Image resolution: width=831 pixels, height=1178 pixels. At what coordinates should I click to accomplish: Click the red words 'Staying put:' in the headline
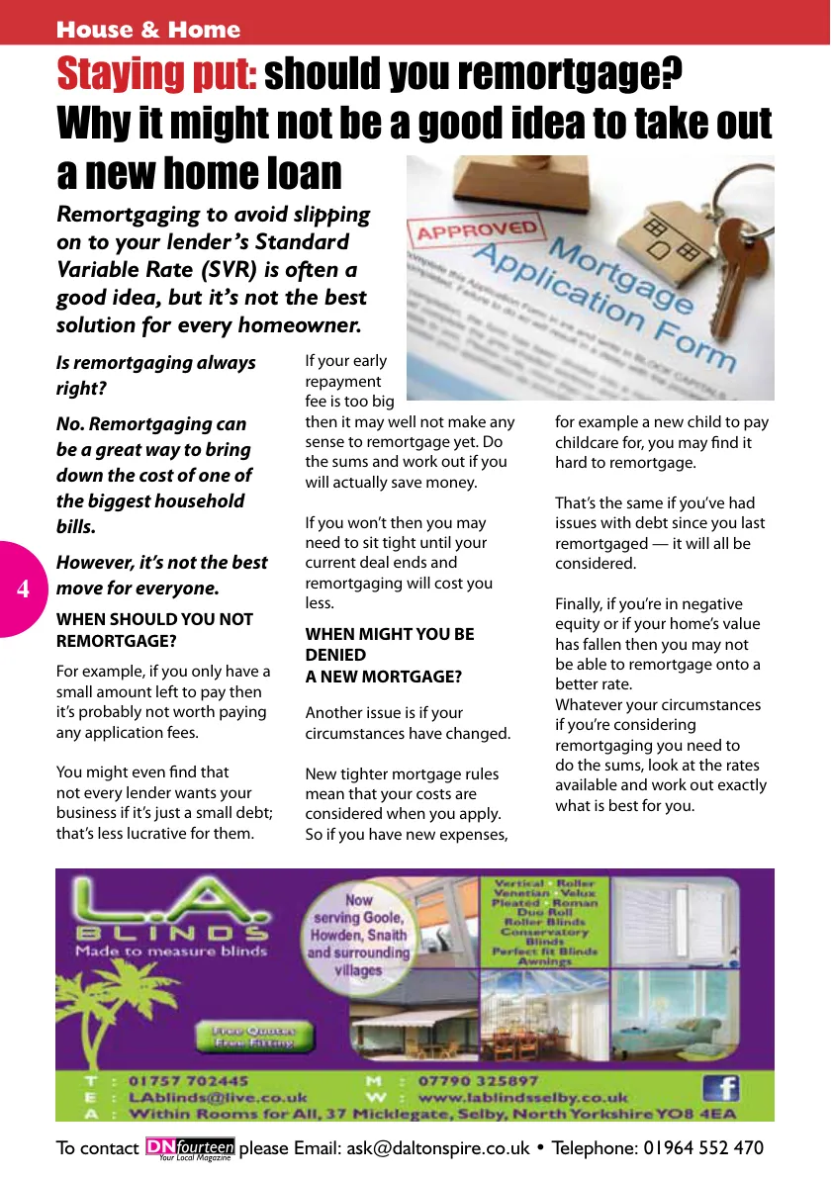click(x=157, y=74)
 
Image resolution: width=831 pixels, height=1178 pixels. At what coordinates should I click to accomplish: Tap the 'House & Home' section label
click(x=148, y=30)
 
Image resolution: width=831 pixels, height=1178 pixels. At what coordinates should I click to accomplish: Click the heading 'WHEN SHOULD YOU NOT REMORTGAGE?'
click(x=154, y=630)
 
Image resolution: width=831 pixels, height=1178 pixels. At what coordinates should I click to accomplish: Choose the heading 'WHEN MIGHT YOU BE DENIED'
click(x=389, y=644)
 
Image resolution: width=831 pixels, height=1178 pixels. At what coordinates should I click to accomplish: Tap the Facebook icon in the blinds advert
click(x=721, y=1088)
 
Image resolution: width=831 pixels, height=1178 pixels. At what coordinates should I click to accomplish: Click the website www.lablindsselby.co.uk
click(x=523, y=1097)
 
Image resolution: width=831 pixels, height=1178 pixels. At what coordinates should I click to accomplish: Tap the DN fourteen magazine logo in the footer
click(x=190, y=1148)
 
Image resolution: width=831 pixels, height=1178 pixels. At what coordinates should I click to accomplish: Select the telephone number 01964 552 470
click(x=704, y=1148)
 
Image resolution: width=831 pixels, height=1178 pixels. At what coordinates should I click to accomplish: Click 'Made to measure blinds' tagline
click(x=171, y=951)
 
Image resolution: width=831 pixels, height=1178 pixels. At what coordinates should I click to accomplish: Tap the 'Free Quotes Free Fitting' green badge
click(x=252, y=1037)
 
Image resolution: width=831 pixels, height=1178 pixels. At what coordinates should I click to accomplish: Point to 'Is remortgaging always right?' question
click(x=155, y=375)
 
